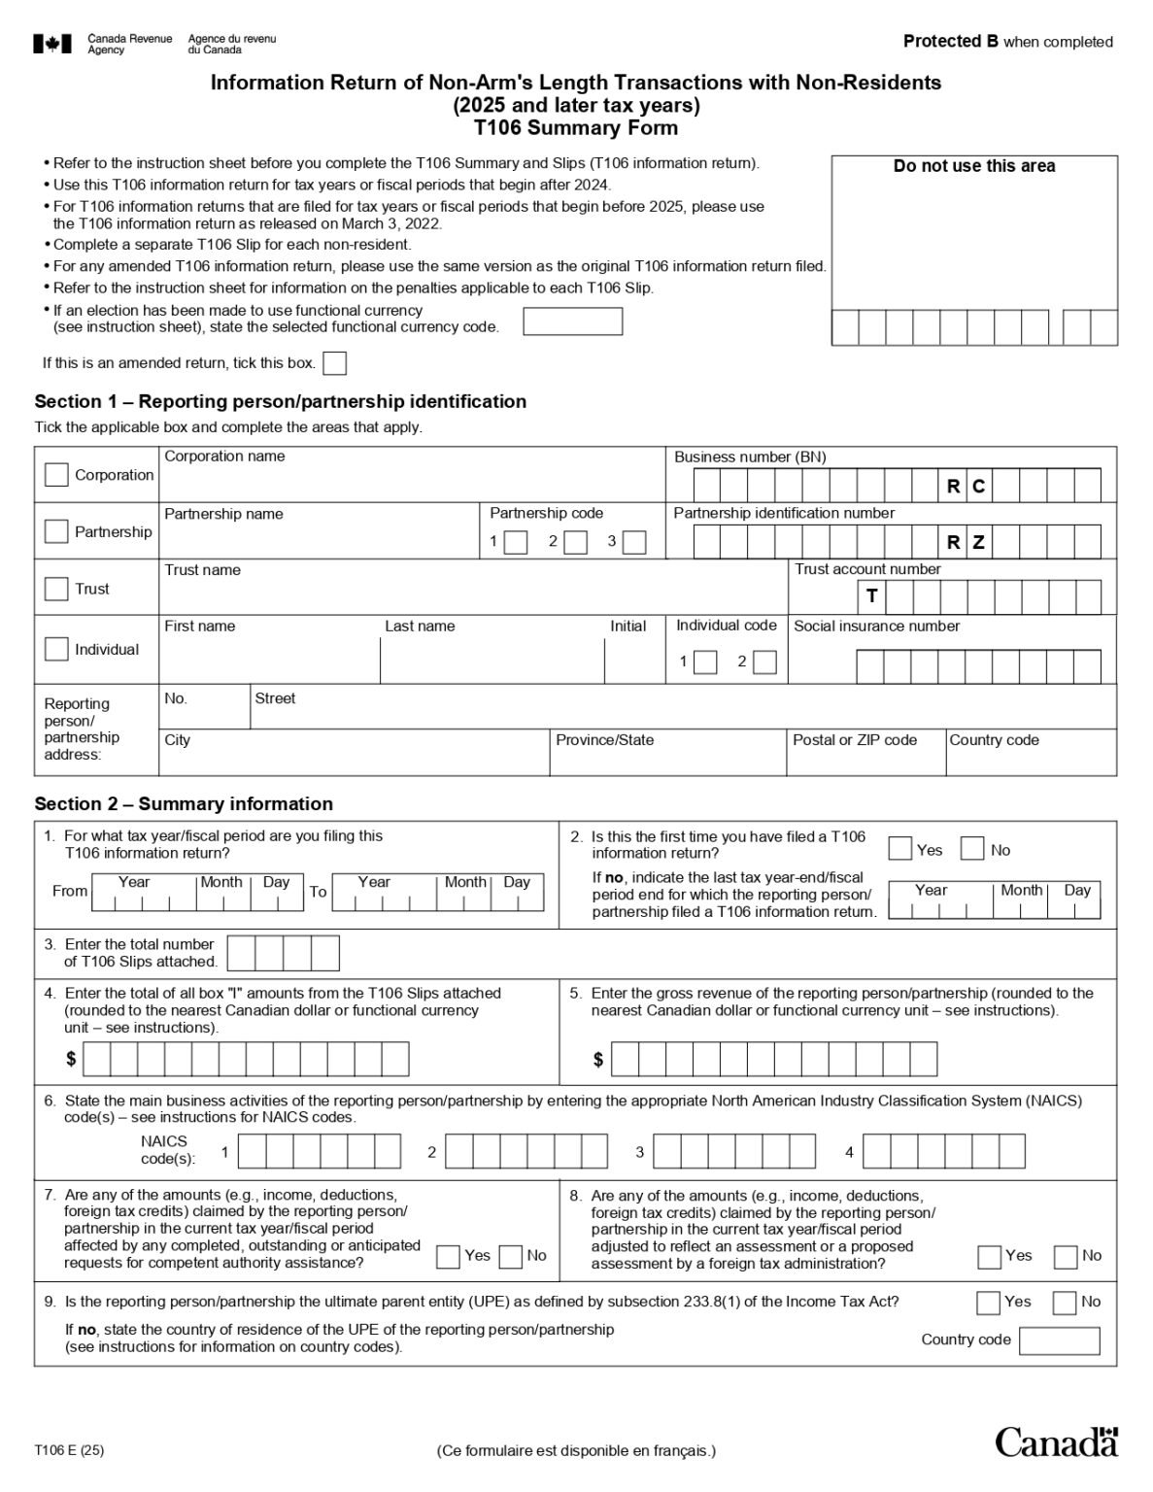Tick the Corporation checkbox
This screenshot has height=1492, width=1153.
(56, 474)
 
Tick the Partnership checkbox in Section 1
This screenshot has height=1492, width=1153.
(56, 531)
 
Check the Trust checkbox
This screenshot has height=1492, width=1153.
(56, 589)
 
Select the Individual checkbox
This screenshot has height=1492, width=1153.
(56, 649)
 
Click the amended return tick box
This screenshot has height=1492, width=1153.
(334, 363)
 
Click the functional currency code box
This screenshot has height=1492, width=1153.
(572, 322)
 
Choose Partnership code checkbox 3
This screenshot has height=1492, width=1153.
(634, 542)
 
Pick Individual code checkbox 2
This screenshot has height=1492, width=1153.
(765, 661)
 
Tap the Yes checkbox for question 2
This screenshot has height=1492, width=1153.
(900, 849)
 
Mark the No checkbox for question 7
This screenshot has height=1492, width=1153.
(511, 1256)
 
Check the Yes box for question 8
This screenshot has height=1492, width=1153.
(989, 1256)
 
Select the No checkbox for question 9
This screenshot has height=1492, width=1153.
(1065, 1302)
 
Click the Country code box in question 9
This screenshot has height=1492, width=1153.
(1059, 1340)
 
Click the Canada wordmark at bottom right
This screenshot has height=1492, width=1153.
(1057, 1442)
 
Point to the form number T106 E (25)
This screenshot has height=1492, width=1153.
(69, 1450)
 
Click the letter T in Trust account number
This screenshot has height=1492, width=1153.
(871, 596)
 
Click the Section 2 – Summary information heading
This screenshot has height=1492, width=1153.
(184, 803)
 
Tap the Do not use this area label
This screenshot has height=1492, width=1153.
(973, 166)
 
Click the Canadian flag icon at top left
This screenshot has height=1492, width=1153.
(51, 44)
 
